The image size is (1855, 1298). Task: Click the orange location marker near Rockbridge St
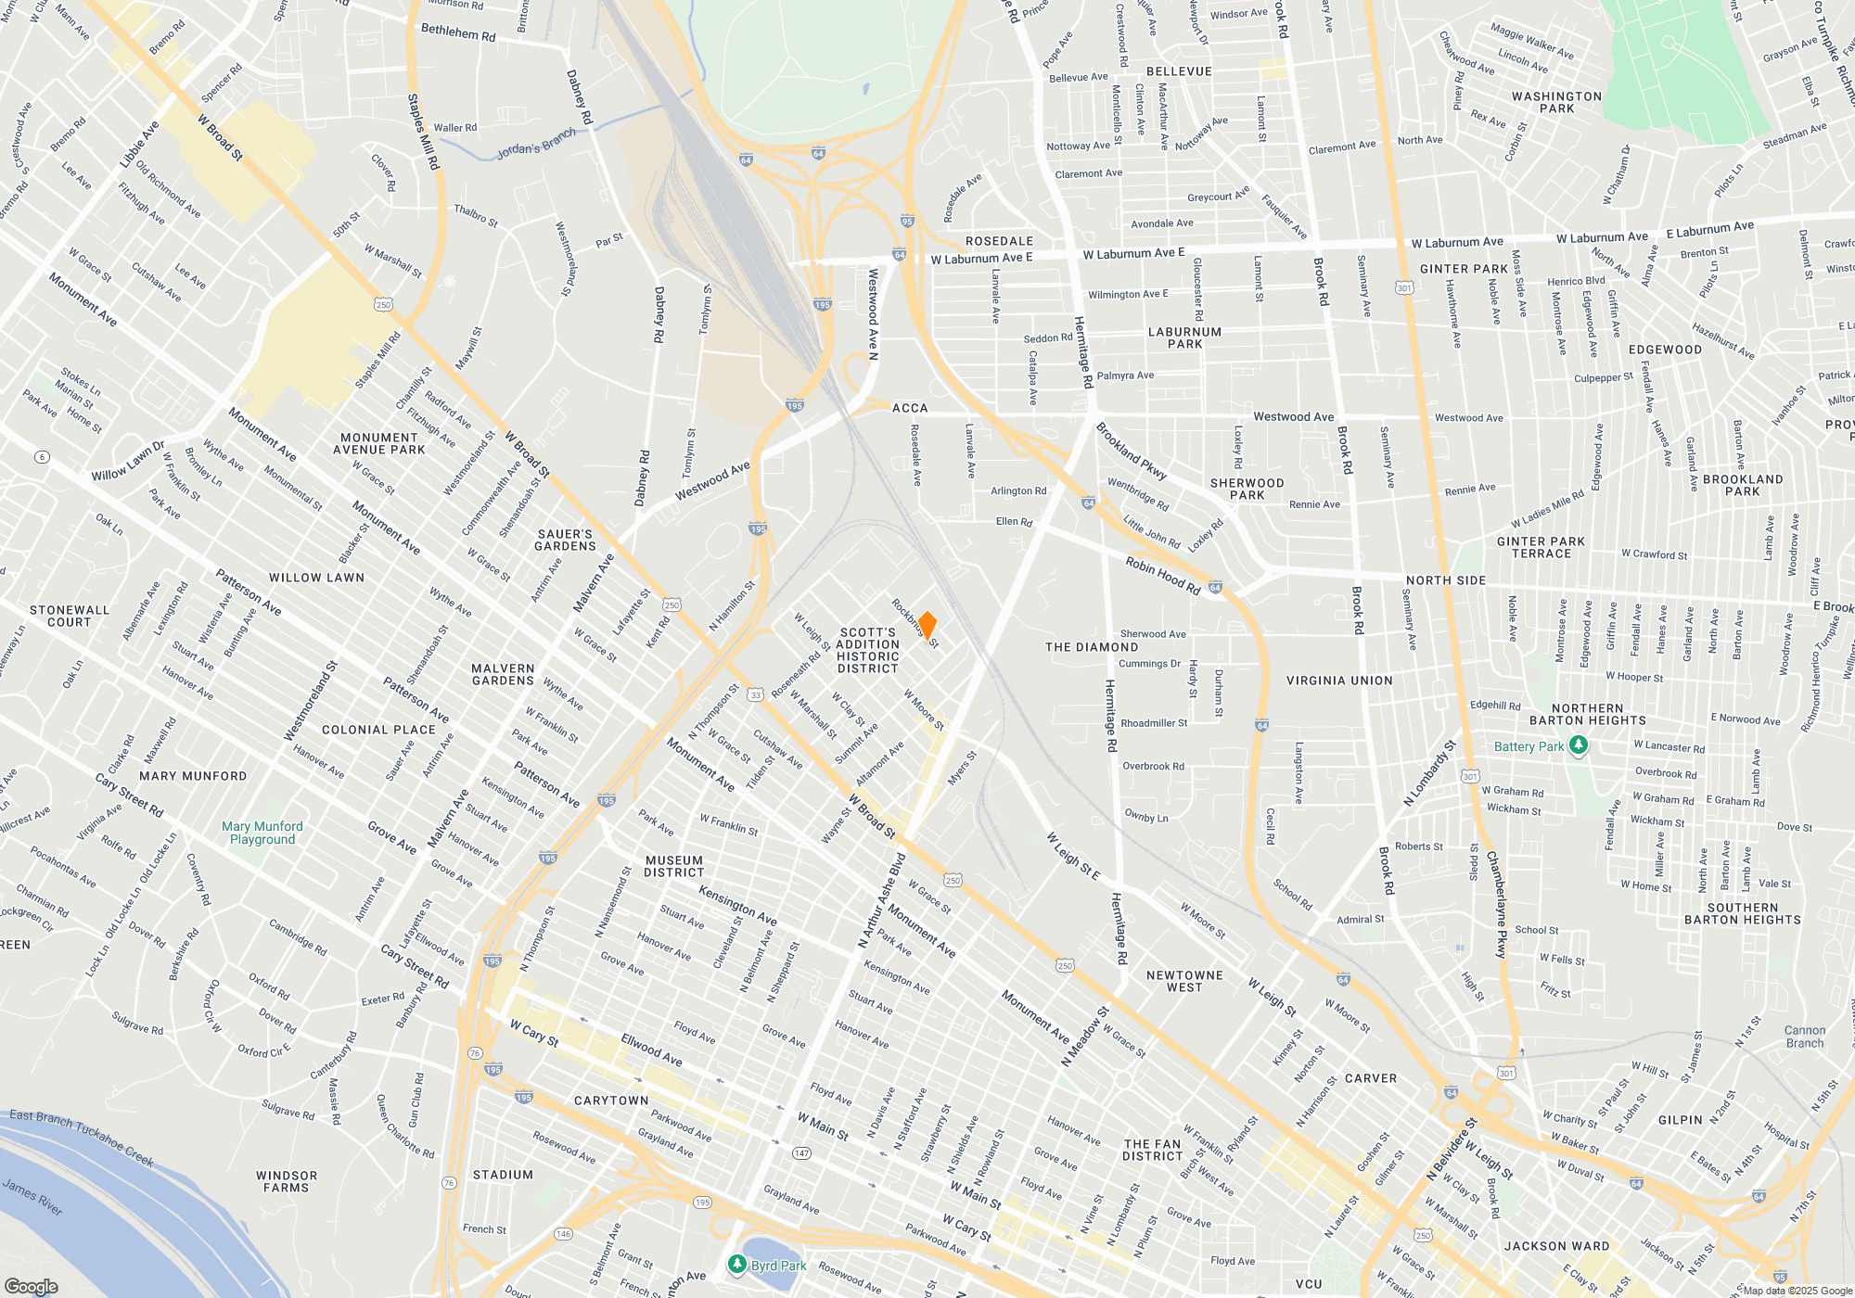(x=926, y=626)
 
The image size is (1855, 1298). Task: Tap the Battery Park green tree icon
(x=1579, y=745)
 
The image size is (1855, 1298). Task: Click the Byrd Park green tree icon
(x=736, y=1265)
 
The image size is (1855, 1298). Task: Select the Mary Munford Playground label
(x=262, y=833)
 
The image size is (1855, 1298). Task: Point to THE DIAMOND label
(x=1091, y=647)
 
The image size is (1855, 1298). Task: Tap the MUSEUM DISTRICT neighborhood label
(x=674, y=866)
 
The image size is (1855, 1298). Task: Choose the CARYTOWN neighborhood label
(x=611, y=1101)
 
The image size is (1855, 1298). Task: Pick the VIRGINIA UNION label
(x=1339, y=681)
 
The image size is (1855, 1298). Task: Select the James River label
(x=32, y=1196)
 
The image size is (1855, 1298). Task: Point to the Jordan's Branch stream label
(x=536, y=144)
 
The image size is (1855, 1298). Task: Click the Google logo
(x=32, y=1286)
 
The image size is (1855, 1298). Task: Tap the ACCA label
(x=910, y=408)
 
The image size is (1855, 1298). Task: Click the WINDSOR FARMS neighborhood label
(x=287, y=1181)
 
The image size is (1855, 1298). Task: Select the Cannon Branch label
(x=1804, y=1037)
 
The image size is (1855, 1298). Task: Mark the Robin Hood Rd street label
(x=1163, y=576)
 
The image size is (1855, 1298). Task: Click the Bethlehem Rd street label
(x=458, y=32)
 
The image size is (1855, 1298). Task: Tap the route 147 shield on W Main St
(x=801, y=1152)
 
